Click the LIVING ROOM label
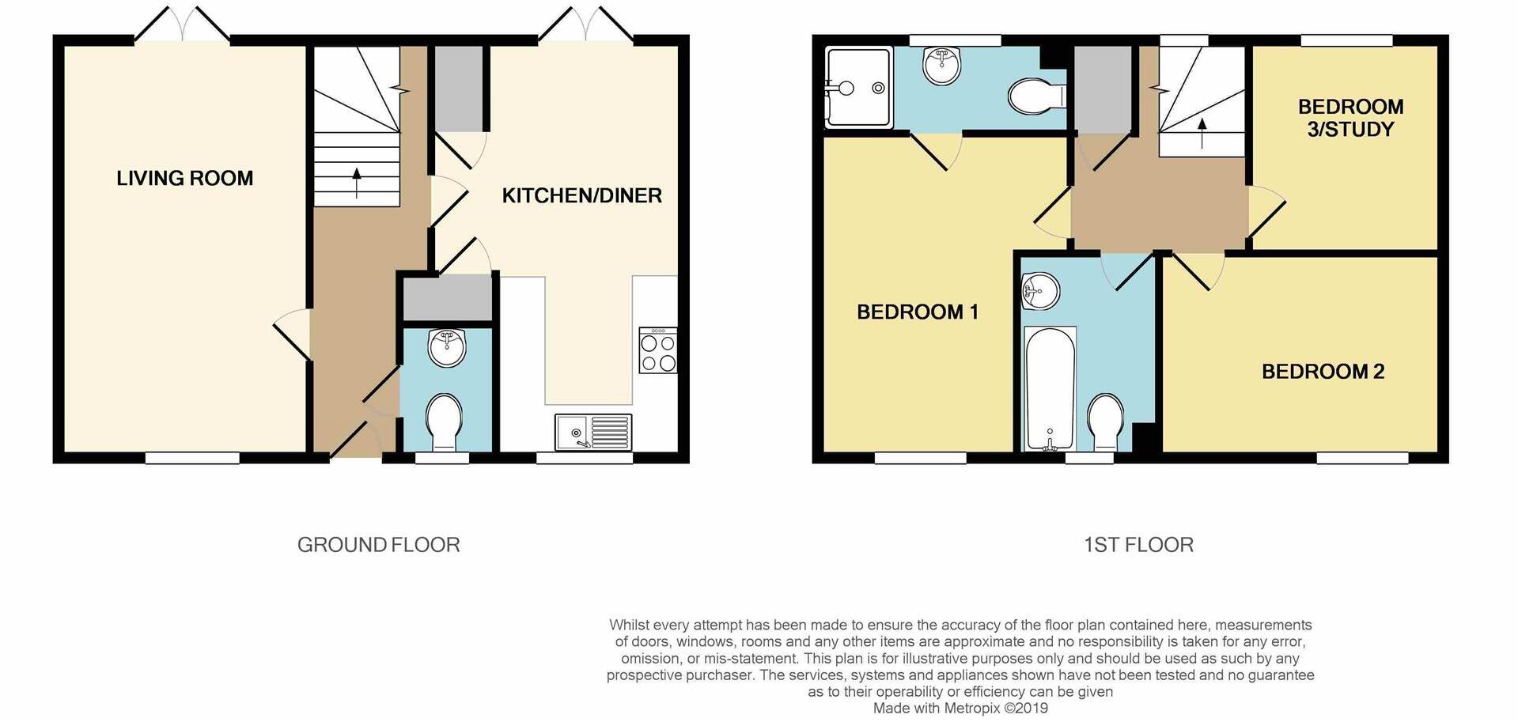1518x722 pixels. tap(184, 179)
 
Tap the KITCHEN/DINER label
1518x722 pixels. tap(581, 196)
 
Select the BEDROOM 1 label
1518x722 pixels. tap(918, 312)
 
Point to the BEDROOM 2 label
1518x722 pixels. tap(1323, 372)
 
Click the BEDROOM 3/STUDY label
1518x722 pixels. tap(1350, 118)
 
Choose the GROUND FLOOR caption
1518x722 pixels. tap(378, 545)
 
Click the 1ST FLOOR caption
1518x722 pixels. tap(1138, 545)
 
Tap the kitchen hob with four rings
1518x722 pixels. tap(657, 351)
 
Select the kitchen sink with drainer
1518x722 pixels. tap(593, 433)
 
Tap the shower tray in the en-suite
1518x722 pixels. tap(858, 88)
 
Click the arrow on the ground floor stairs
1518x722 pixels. tap(356, 182)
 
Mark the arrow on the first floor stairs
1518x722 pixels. tap(1202, 133)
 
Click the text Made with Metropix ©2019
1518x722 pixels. tap(960, 709)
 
